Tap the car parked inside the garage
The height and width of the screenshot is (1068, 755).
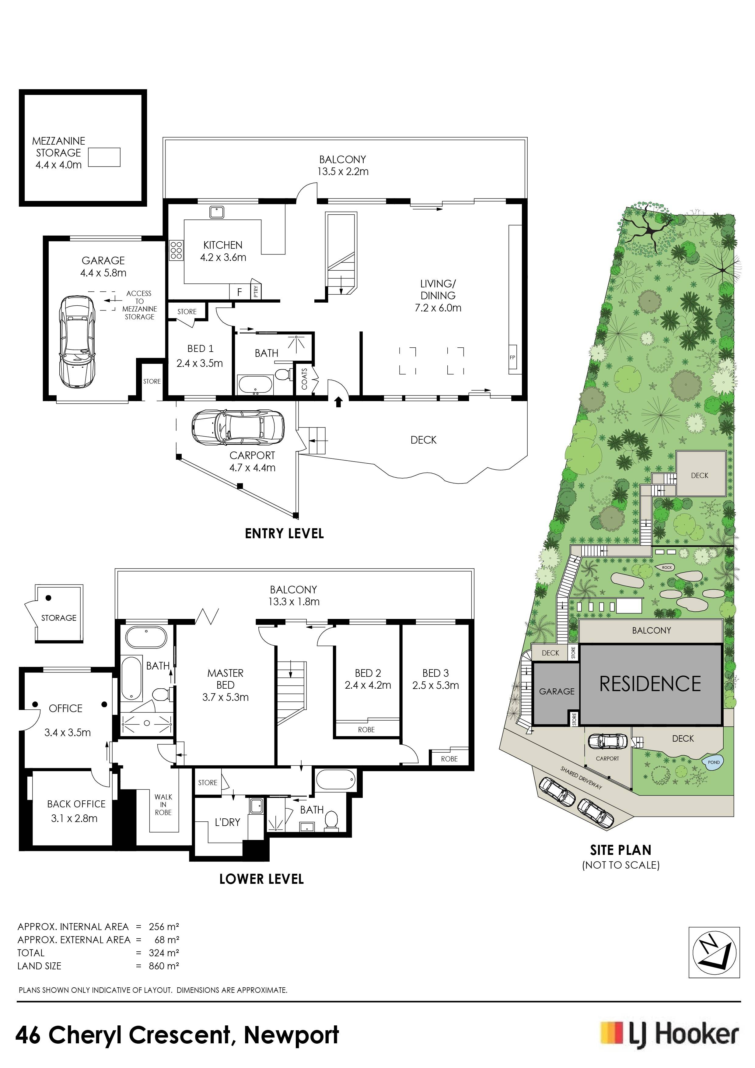77,341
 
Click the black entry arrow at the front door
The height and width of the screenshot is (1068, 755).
338,402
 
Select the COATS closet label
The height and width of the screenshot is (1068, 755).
305,379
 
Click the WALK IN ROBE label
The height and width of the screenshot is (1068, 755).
163,804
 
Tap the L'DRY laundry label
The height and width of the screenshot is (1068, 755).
227,822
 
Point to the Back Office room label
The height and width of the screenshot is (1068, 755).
76,804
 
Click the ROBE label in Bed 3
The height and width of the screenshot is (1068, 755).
449,759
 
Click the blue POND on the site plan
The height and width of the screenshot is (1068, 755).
713,762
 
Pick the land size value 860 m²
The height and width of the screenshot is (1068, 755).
164,966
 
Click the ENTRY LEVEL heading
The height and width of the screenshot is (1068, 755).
284,533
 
